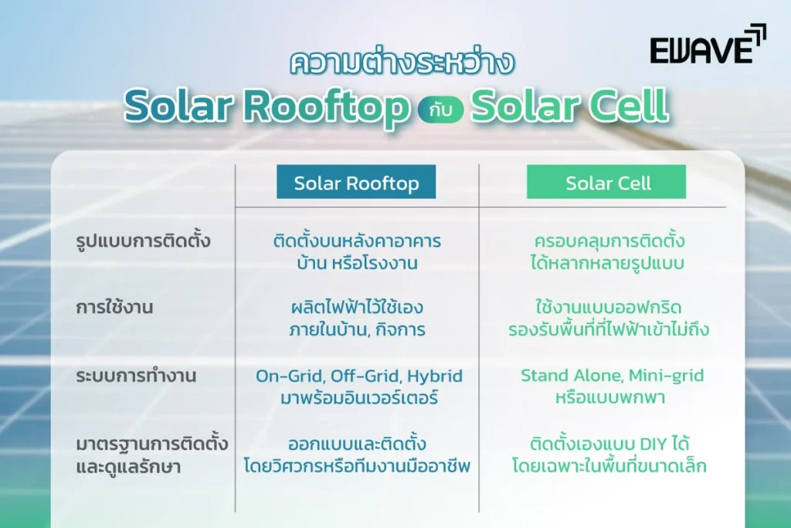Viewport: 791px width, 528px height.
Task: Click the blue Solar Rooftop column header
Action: point(356,183)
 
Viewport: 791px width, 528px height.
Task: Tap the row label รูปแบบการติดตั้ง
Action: point(144,241)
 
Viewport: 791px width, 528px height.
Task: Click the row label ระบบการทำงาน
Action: point(137,376)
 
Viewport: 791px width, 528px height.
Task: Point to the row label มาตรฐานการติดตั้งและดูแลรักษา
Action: point(148,456)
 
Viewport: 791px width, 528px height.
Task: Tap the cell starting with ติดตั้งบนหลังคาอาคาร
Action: point(357,252)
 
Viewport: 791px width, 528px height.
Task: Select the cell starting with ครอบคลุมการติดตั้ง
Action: point(609,252)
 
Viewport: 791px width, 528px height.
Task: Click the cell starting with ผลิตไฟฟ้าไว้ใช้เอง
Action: point(355,319)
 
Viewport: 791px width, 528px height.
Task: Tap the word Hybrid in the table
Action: point(436,376)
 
